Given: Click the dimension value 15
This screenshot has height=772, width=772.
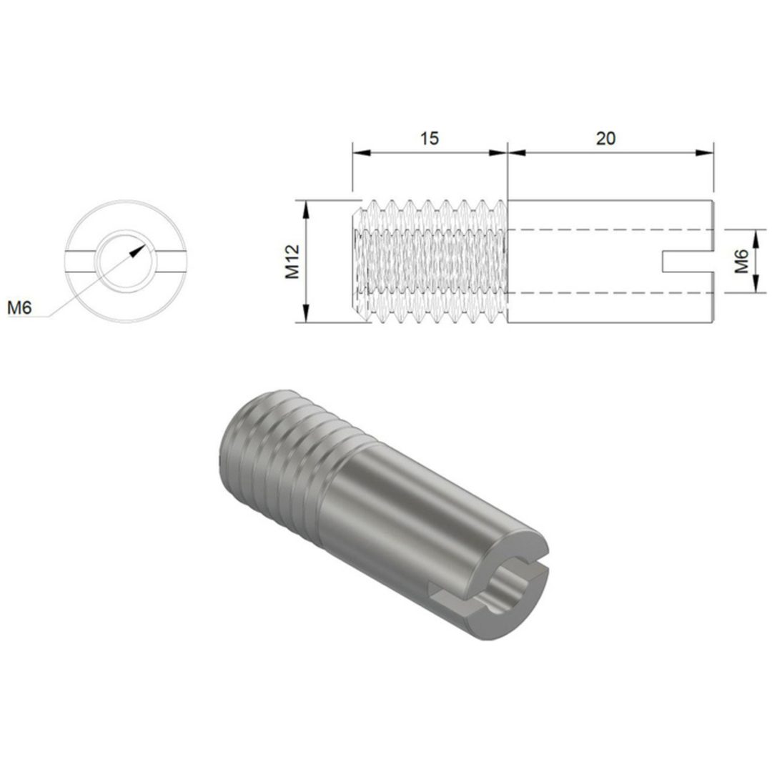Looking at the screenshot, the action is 429,139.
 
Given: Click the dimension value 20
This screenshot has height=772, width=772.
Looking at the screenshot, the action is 605,139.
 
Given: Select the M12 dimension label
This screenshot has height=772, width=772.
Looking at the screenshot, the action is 292,262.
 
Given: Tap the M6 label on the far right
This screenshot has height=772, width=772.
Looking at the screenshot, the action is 741,262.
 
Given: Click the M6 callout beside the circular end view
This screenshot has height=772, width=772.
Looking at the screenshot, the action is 19,307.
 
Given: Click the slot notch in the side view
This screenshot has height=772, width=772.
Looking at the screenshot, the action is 688,262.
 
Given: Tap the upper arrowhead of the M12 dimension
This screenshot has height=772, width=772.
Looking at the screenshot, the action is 306,209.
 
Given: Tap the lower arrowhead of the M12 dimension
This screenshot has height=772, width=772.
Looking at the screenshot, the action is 306,314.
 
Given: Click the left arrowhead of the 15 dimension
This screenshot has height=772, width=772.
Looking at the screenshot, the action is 362,153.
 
